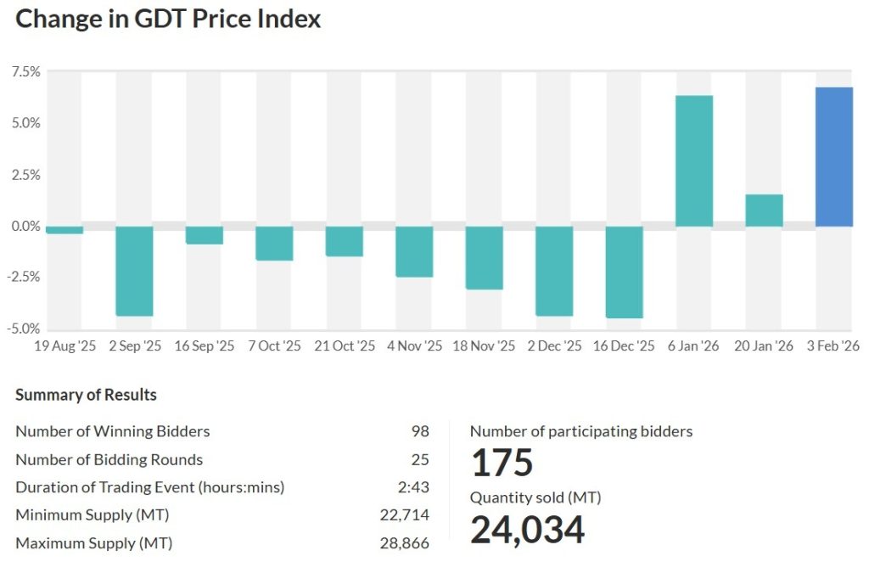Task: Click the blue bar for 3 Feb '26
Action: click(834, 157)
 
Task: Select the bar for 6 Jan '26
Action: click(694, 161)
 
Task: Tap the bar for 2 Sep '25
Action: click(134, 271)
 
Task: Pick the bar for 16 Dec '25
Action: click(624, 272)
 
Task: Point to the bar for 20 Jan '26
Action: click(764, 211)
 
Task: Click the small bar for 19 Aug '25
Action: click(64, 230)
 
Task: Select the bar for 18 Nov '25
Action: click(484, 258)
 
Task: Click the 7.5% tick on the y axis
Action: click(25, 72)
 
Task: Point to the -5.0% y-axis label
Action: click(24, 329)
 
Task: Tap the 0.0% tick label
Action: click(25, 226)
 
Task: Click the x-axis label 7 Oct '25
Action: click(274, 346)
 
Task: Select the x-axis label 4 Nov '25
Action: click(414, 346)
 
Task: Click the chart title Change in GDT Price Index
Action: click(168, 19)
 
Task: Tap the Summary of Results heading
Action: click(86, 395)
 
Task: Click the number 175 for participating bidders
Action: click(502, 463)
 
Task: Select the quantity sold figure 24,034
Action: click(527, 530)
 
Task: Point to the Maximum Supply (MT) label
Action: click(93, 543)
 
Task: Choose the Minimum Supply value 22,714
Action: click(405, 515)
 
